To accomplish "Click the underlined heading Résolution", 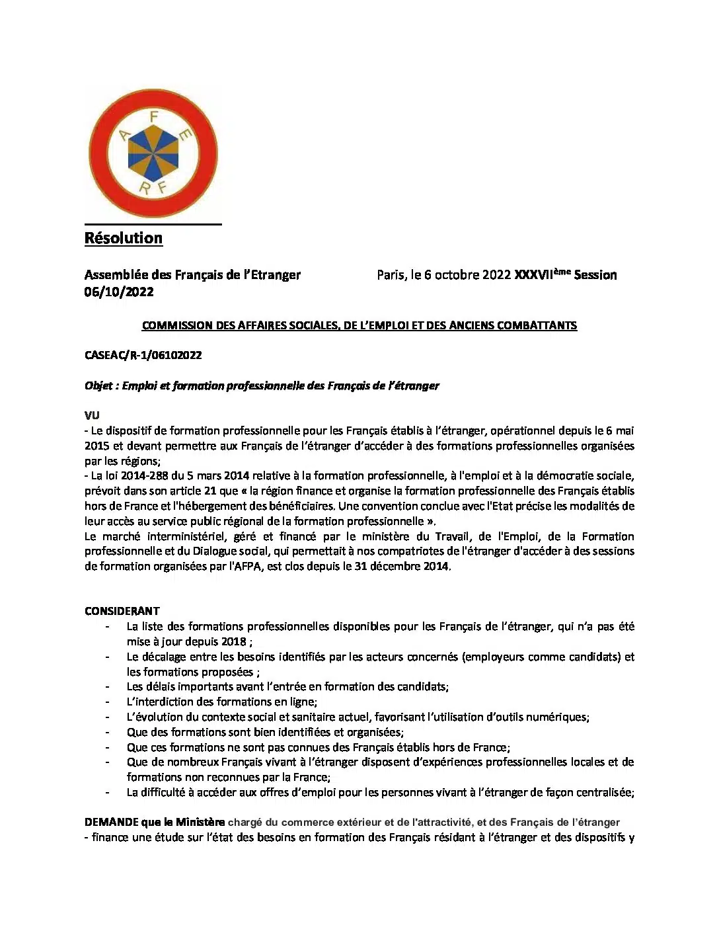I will (x=124, y=238).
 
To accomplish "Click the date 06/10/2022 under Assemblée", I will (x=119, y=292).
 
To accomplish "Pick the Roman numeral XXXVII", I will (x=533, y=275).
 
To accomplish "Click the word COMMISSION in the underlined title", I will (x=171, y=325).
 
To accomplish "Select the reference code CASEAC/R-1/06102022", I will (x=143, y=355).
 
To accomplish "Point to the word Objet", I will (x=98, y=385).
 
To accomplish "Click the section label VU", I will (x=92, y=415).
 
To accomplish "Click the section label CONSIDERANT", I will (x=122, y=611).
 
